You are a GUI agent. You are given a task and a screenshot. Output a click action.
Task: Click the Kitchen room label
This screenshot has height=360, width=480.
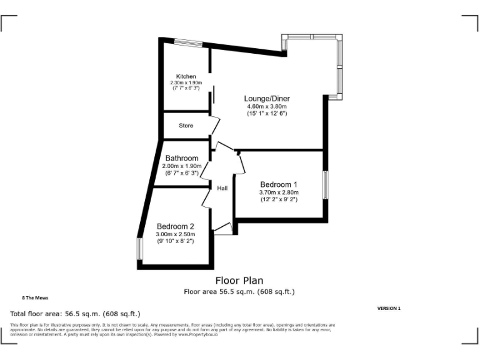[x=186, y=77]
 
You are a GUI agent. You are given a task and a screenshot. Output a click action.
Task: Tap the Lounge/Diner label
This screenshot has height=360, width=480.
[x=267, y=99]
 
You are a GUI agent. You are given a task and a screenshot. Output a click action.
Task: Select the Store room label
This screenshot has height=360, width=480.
[x=186, y=126]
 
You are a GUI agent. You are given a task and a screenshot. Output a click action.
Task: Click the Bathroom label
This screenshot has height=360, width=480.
[x=182, y=159]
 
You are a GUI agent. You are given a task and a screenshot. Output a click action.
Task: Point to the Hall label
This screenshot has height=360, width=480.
[x=222, y=187]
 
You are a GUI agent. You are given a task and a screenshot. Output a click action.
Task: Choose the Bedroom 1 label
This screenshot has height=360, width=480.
[x=279, y=185]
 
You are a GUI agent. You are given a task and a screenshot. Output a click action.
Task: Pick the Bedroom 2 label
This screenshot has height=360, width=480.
[x=175, y=226]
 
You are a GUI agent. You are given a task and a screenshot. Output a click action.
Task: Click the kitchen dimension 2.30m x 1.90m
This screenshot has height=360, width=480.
[x=186, y=83]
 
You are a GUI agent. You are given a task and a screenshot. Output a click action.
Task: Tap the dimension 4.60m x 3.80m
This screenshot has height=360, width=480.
[x=267, y=107]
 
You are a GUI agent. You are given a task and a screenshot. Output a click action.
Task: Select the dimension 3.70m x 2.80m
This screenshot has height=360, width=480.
[x=279, y=192]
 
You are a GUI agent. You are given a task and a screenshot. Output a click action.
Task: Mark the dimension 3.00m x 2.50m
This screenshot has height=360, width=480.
[x=175, y=234]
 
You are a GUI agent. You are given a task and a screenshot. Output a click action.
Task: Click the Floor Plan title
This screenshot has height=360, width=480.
[x=239, y=281]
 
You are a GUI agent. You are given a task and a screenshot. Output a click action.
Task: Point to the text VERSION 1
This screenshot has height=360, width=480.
[x=389, y=308]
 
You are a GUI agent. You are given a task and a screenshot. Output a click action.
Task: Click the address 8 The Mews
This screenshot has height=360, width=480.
[x=35, y=298]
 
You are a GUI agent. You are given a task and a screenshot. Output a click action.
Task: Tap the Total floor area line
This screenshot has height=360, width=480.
[x=75, y=314]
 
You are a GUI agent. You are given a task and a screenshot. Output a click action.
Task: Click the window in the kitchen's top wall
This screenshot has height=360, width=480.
[x=188, y=42]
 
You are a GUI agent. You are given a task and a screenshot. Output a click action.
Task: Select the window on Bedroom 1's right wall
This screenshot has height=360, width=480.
[x=325, y=184]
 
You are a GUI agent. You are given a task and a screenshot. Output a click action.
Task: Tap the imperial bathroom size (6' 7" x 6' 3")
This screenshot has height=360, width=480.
[x=182, y=172]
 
